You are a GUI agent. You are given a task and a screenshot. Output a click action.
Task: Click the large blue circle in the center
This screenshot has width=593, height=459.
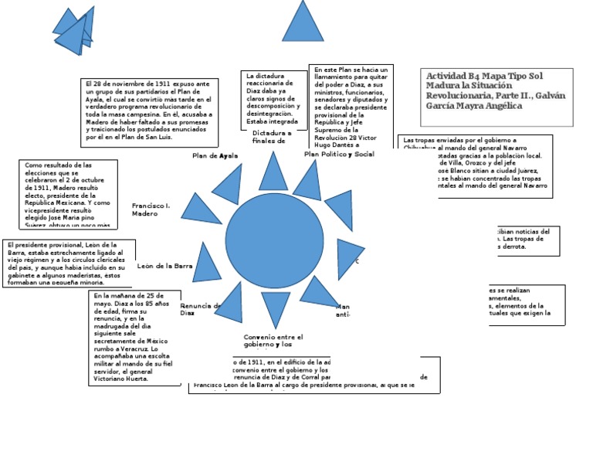coord(274,242)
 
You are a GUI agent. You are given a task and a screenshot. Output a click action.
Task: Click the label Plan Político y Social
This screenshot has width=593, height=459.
coord(339,155)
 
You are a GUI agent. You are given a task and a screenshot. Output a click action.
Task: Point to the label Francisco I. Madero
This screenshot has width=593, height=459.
coord(151,209)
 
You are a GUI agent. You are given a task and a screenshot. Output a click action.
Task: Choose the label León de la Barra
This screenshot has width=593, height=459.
coord(164,266)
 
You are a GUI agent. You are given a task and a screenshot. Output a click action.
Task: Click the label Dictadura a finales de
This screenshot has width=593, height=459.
coord(272,138)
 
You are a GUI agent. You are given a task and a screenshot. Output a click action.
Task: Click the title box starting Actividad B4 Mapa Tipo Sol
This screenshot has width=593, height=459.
coord(496,96)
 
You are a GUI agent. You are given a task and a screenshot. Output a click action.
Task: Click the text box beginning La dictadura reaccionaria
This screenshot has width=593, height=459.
coord(273,98)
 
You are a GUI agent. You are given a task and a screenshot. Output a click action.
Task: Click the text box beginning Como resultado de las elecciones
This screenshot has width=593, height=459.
coord(68,194)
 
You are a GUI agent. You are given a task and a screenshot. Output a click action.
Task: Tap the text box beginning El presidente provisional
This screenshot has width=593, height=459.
coord(68,263)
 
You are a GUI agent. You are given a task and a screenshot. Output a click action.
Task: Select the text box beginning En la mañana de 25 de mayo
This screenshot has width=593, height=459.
coord(134,337)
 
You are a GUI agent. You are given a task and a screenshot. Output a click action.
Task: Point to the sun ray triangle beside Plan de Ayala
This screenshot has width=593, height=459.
coord(229,185)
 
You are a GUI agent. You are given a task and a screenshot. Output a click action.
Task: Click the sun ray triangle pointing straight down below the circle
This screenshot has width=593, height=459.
coord(275,306)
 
